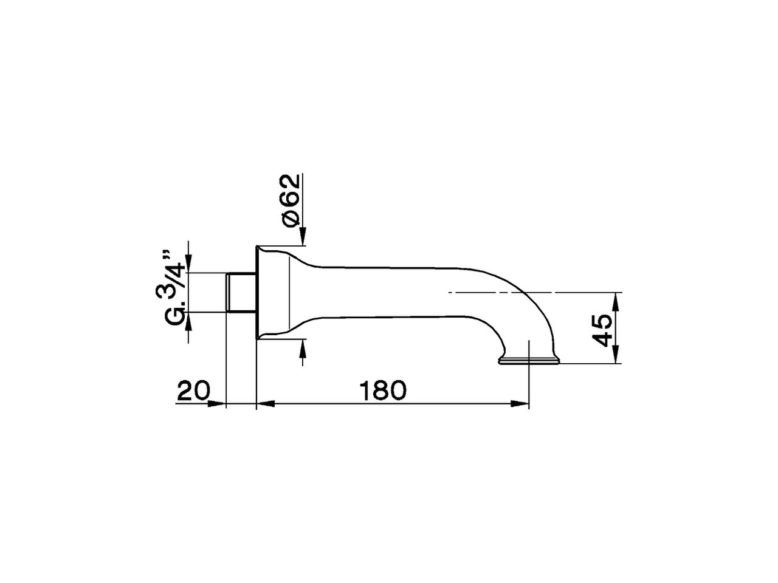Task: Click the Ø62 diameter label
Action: (x=291, y=200)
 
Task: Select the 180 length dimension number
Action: (x=382, y=390)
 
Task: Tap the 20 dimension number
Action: (x=193, y=390)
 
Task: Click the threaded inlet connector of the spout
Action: (x=240, y=293)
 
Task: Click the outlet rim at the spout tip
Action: (x=528, y=363)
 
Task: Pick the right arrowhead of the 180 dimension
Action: (x=520, y=404)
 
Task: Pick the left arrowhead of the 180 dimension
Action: (x=266, y=404)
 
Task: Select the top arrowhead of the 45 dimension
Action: (x=616, y=301)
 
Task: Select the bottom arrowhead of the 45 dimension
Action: (x=616, y=355)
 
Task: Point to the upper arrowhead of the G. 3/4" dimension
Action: (x=189, y=265)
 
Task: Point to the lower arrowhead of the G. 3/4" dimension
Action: (x=189, y=320)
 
